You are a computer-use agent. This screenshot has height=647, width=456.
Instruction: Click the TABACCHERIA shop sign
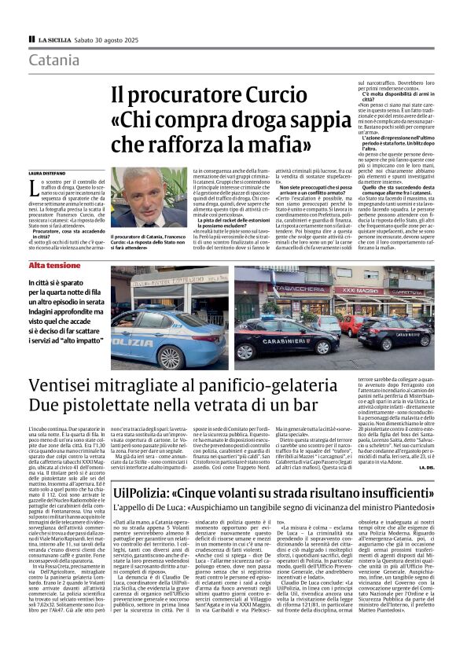coord(303,289)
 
